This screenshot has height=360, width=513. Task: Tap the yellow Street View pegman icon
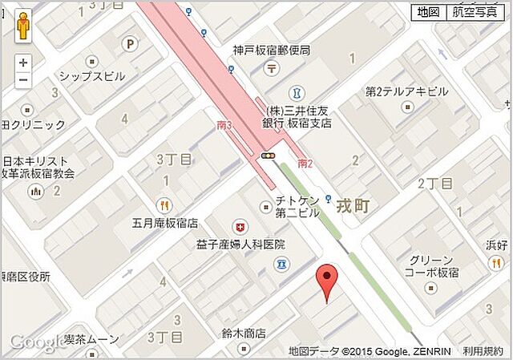tap(23, 26)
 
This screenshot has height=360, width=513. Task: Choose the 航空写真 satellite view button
tap(474, 12)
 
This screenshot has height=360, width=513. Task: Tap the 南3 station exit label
tap(224, 125)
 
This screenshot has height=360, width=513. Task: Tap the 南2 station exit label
tap(305, 164)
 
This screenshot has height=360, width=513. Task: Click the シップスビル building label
tap(92, 77)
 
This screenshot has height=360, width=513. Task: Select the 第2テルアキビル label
tap(406, 91)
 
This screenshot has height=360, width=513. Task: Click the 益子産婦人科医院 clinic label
tap(240, 244)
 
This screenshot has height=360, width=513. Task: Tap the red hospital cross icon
tap(237, 227)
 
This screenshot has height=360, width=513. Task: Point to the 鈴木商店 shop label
tap(244, 333)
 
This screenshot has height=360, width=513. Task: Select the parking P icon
tap(128, 44)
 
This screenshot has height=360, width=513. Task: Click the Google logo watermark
tap(37, 342)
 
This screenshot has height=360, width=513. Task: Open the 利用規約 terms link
tap(483, 351)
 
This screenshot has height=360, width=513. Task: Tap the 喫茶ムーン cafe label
tap(92, 340)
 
